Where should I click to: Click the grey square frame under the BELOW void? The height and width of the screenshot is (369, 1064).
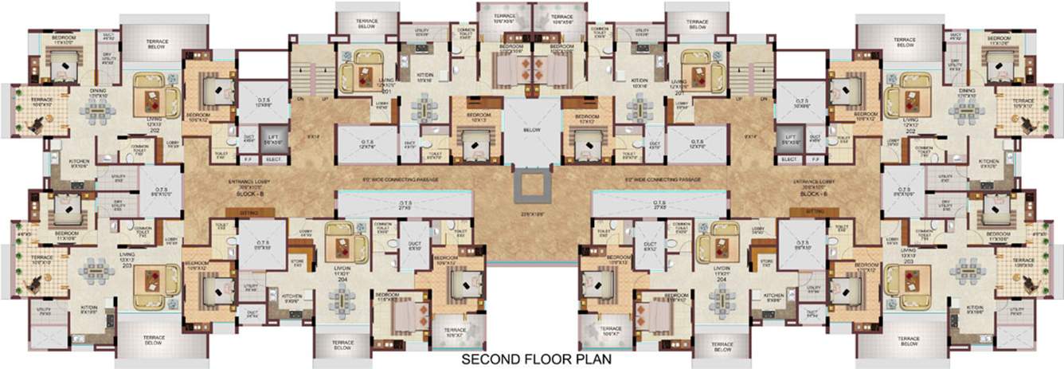point(532,185)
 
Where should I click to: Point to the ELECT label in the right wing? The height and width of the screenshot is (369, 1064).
point(789,159)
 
